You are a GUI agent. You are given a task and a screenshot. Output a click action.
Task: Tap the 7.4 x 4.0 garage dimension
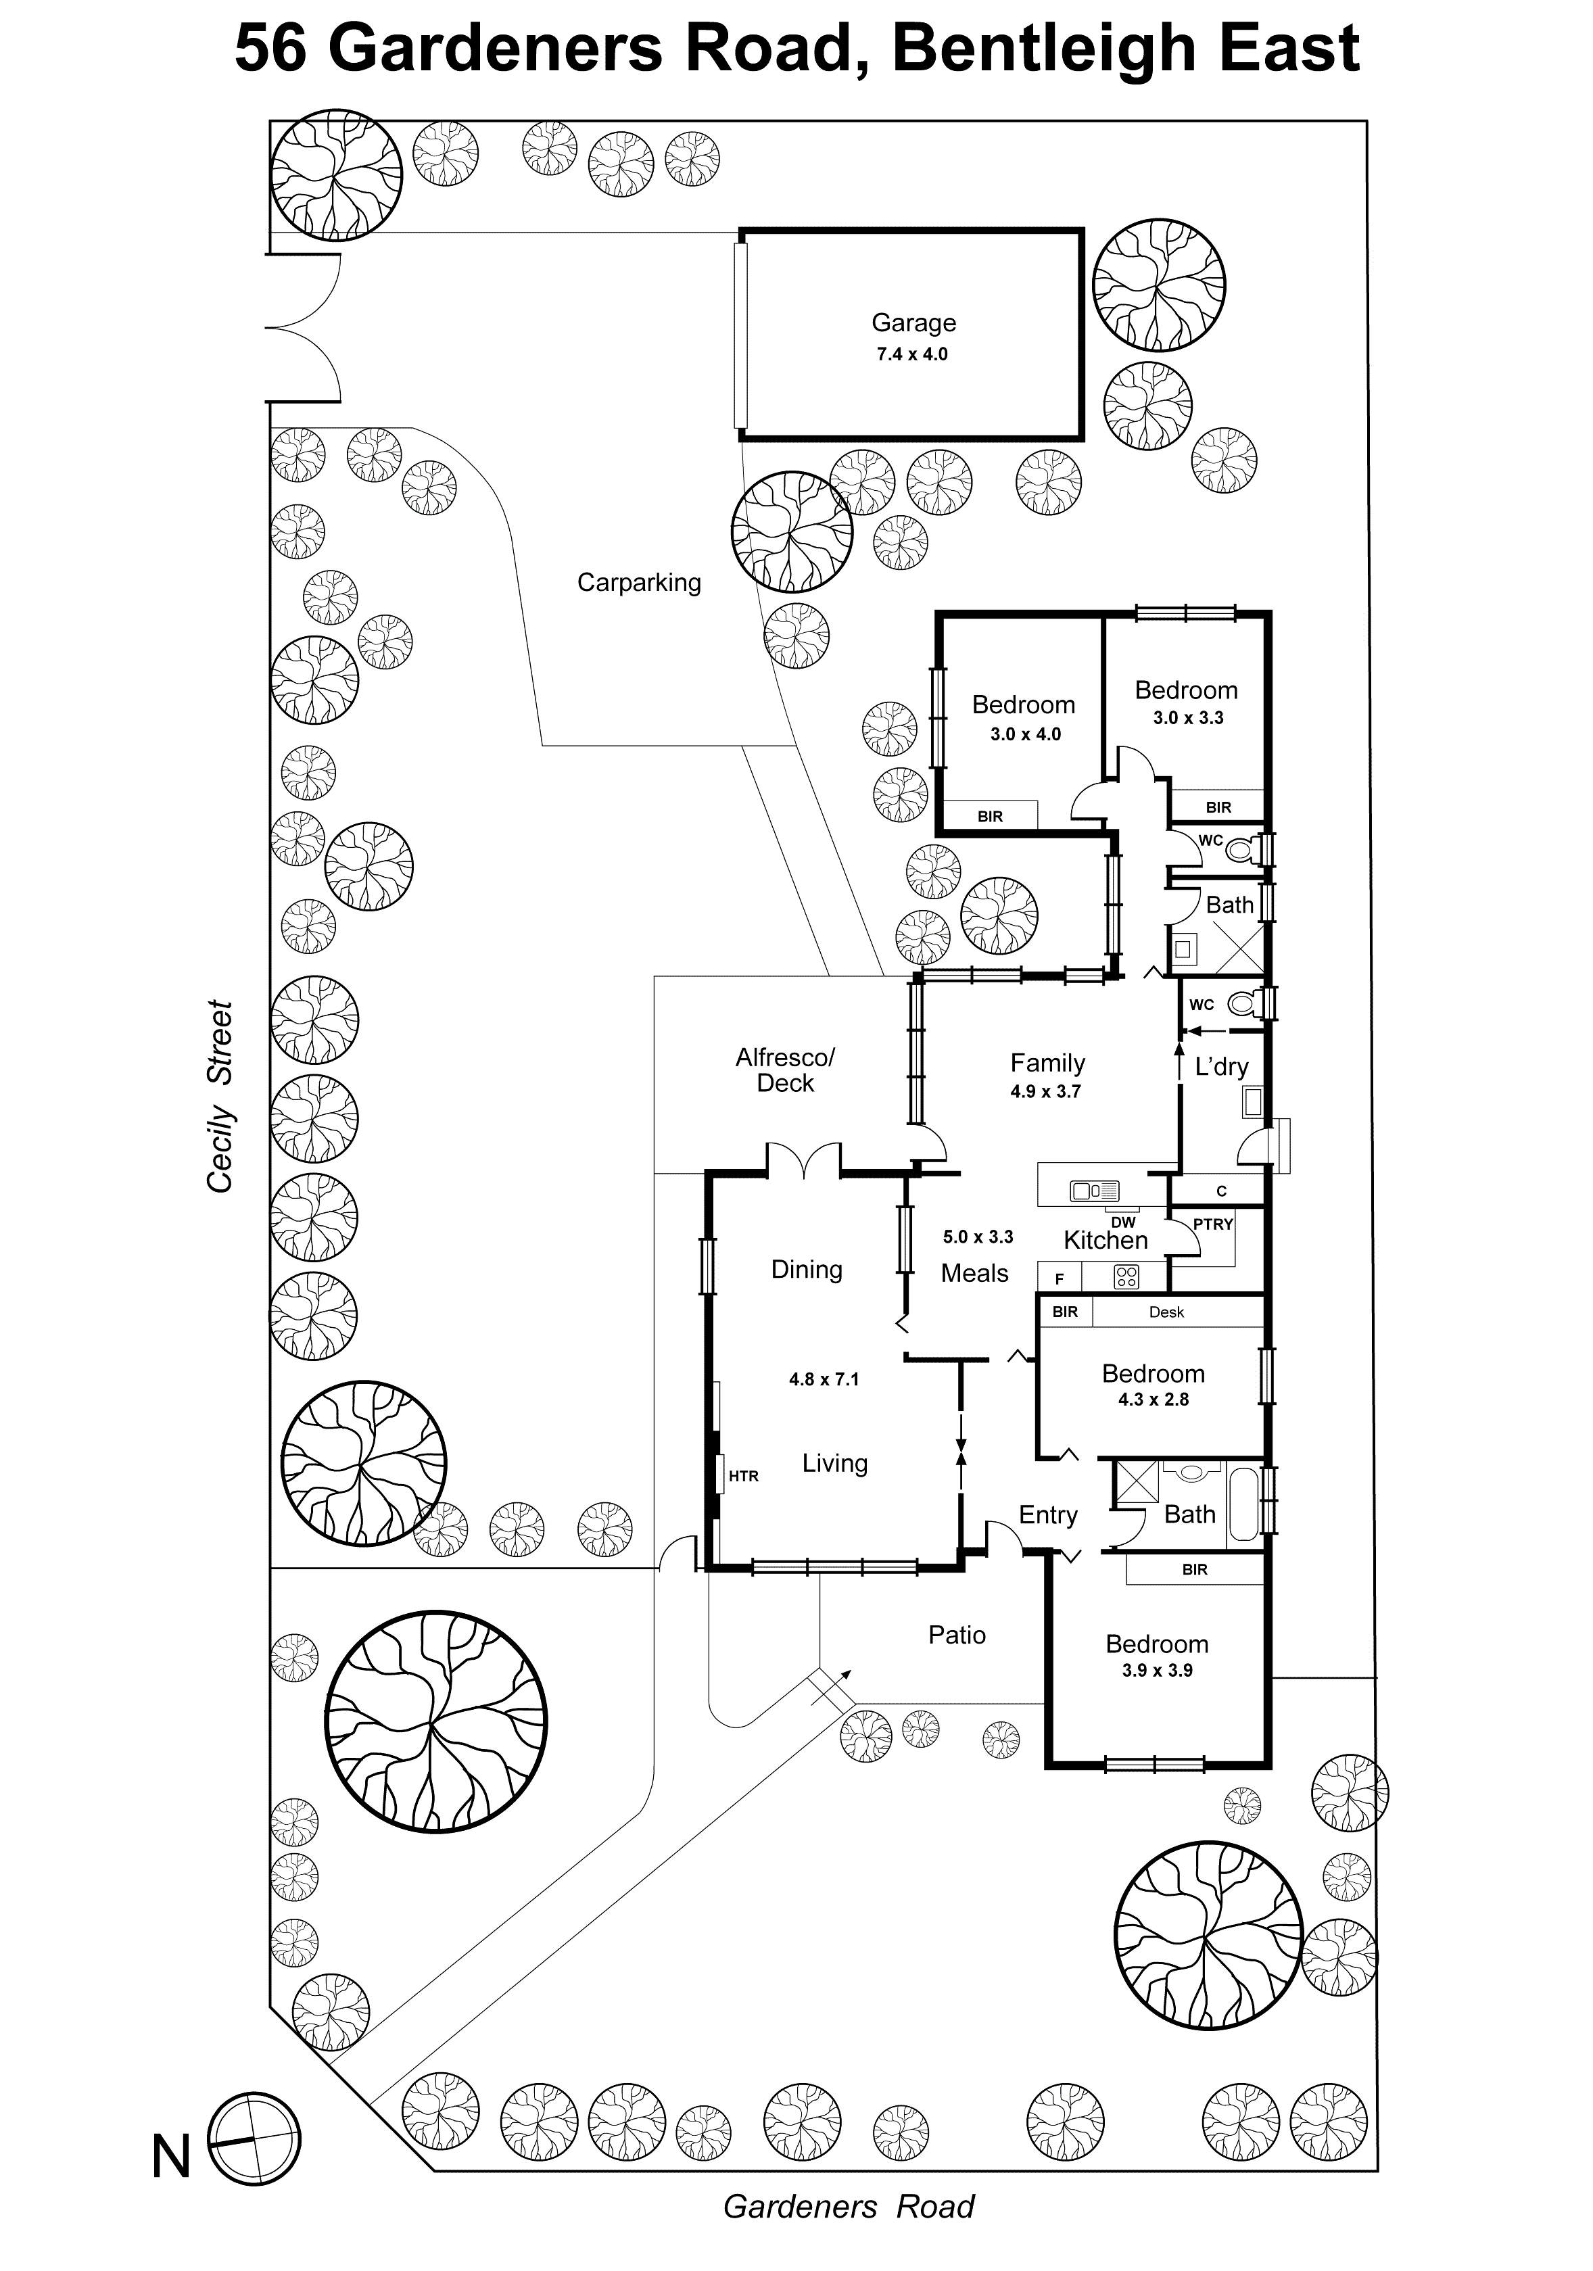(911, 354)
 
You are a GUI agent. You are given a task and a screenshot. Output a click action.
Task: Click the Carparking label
(638, 583)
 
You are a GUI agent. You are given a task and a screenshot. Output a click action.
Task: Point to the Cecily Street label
(220, 1096)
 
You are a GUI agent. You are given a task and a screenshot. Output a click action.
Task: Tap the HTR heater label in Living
(743, 1476)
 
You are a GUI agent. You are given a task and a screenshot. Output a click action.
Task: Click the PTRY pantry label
(1212, 1224)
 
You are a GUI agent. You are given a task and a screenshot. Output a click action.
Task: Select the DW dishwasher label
(1123, 1222)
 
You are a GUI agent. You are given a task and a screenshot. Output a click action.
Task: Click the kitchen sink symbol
(1094, 1191)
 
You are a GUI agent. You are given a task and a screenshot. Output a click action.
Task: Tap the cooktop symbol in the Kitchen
(1126, 1277)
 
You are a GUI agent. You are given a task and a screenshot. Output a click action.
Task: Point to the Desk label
(1166, 1312)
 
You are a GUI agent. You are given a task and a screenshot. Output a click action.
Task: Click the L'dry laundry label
(1221, 1066)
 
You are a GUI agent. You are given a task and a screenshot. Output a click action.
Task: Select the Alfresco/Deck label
(784, 1069)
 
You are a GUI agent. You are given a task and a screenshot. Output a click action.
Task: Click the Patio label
(956, 1634)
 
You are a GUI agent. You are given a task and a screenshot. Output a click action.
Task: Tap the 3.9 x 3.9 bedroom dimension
(1157, 1670)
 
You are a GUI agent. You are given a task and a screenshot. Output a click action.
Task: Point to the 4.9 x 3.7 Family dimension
(1045, 1091)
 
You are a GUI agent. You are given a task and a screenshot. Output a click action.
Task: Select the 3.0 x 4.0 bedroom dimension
(1025, 734)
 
